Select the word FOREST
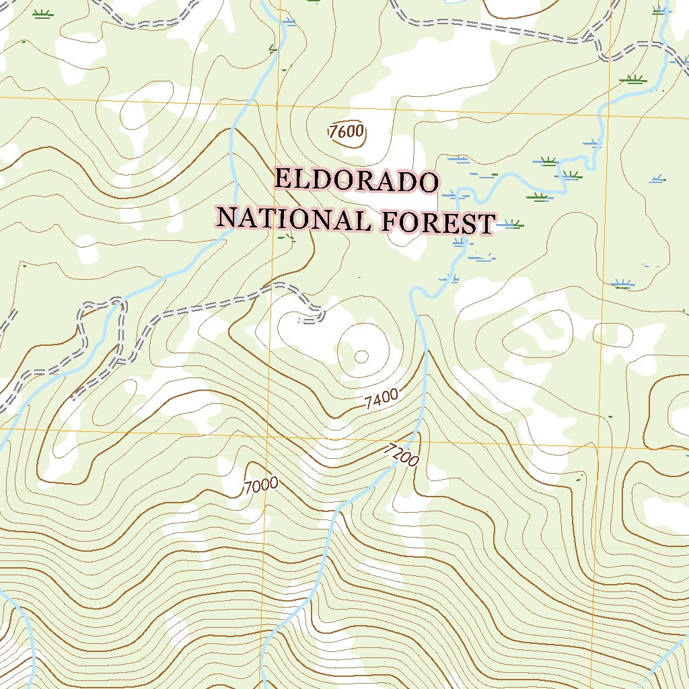tap(438, 223)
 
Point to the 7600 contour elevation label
tap(347, 132)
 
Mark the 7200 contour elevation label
tap(403, 456)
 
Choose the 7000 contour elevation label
tap(260, 486)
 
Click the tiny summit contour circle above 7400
tap(361, 356)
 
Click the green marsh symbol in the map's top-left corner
tap(43, 15)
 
